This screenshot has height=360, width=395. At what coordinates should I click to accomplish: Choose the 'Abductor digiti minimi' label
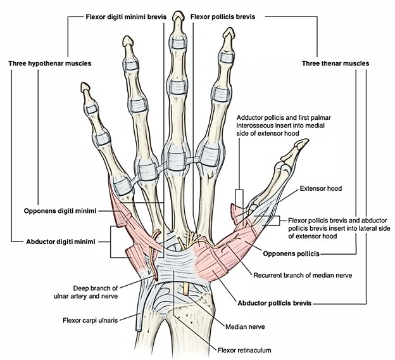tap(56, 241)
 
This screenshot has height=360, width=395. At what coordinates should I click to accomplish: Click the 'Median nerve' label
tap(244, 327)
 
